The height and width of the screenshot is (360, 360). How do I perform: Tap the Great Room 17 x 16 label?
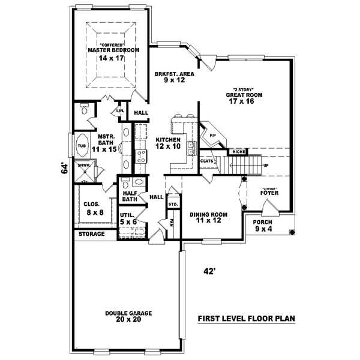click(x=244, y=98)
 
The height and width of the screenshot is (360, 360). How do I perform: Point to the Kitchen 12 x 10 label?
click(x=168, y=143)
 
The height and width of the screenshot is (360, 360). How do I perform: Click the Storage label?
click(x=91, y=234)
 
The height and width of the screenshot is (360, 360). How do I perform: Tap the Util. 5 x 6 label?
click(x=128, y=218)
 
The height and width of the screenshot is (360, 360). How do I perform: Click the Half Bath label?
click(x=130, y=196)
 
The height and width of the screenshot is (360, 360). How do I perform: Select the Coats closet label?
click(x=208, y=161)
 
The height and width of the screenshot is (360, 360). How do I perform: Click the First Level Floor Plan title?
click(x=247, y=319)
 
